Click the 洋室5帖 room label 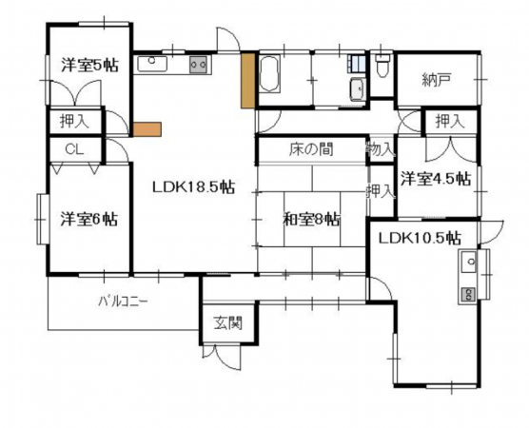[x=90, y=66]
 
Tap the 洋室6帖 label [x=89, y=218]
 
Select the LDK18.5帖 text [x=193, y=187]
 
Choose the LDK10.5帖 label [x=419, y=237]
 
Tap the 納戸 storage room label [x=436, y=81]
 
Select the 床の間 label [x=311, y=150]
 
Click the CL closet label [x=73, y=149]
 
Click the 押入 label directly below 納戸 [x=449, y=121]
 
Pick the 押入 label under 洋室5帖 [x=73, y=122]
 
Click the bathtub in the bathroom [x=269, y=74]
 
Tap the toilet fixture [x=382, y=67]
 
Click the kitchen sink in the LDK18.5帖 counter [x=152, y=65]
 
